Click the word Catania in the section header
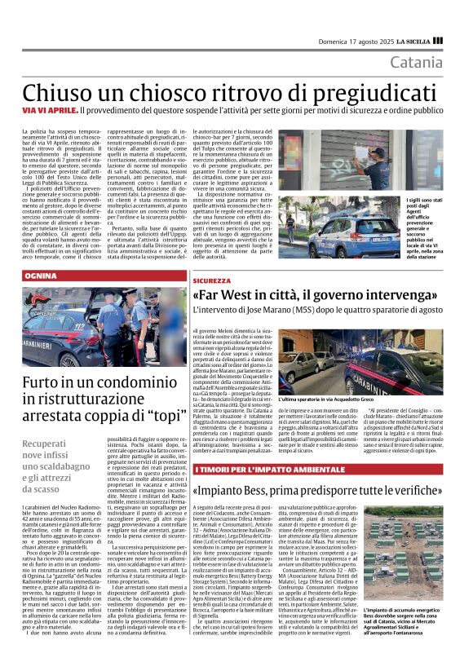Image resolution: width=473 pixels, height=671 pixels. point(416,62)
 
